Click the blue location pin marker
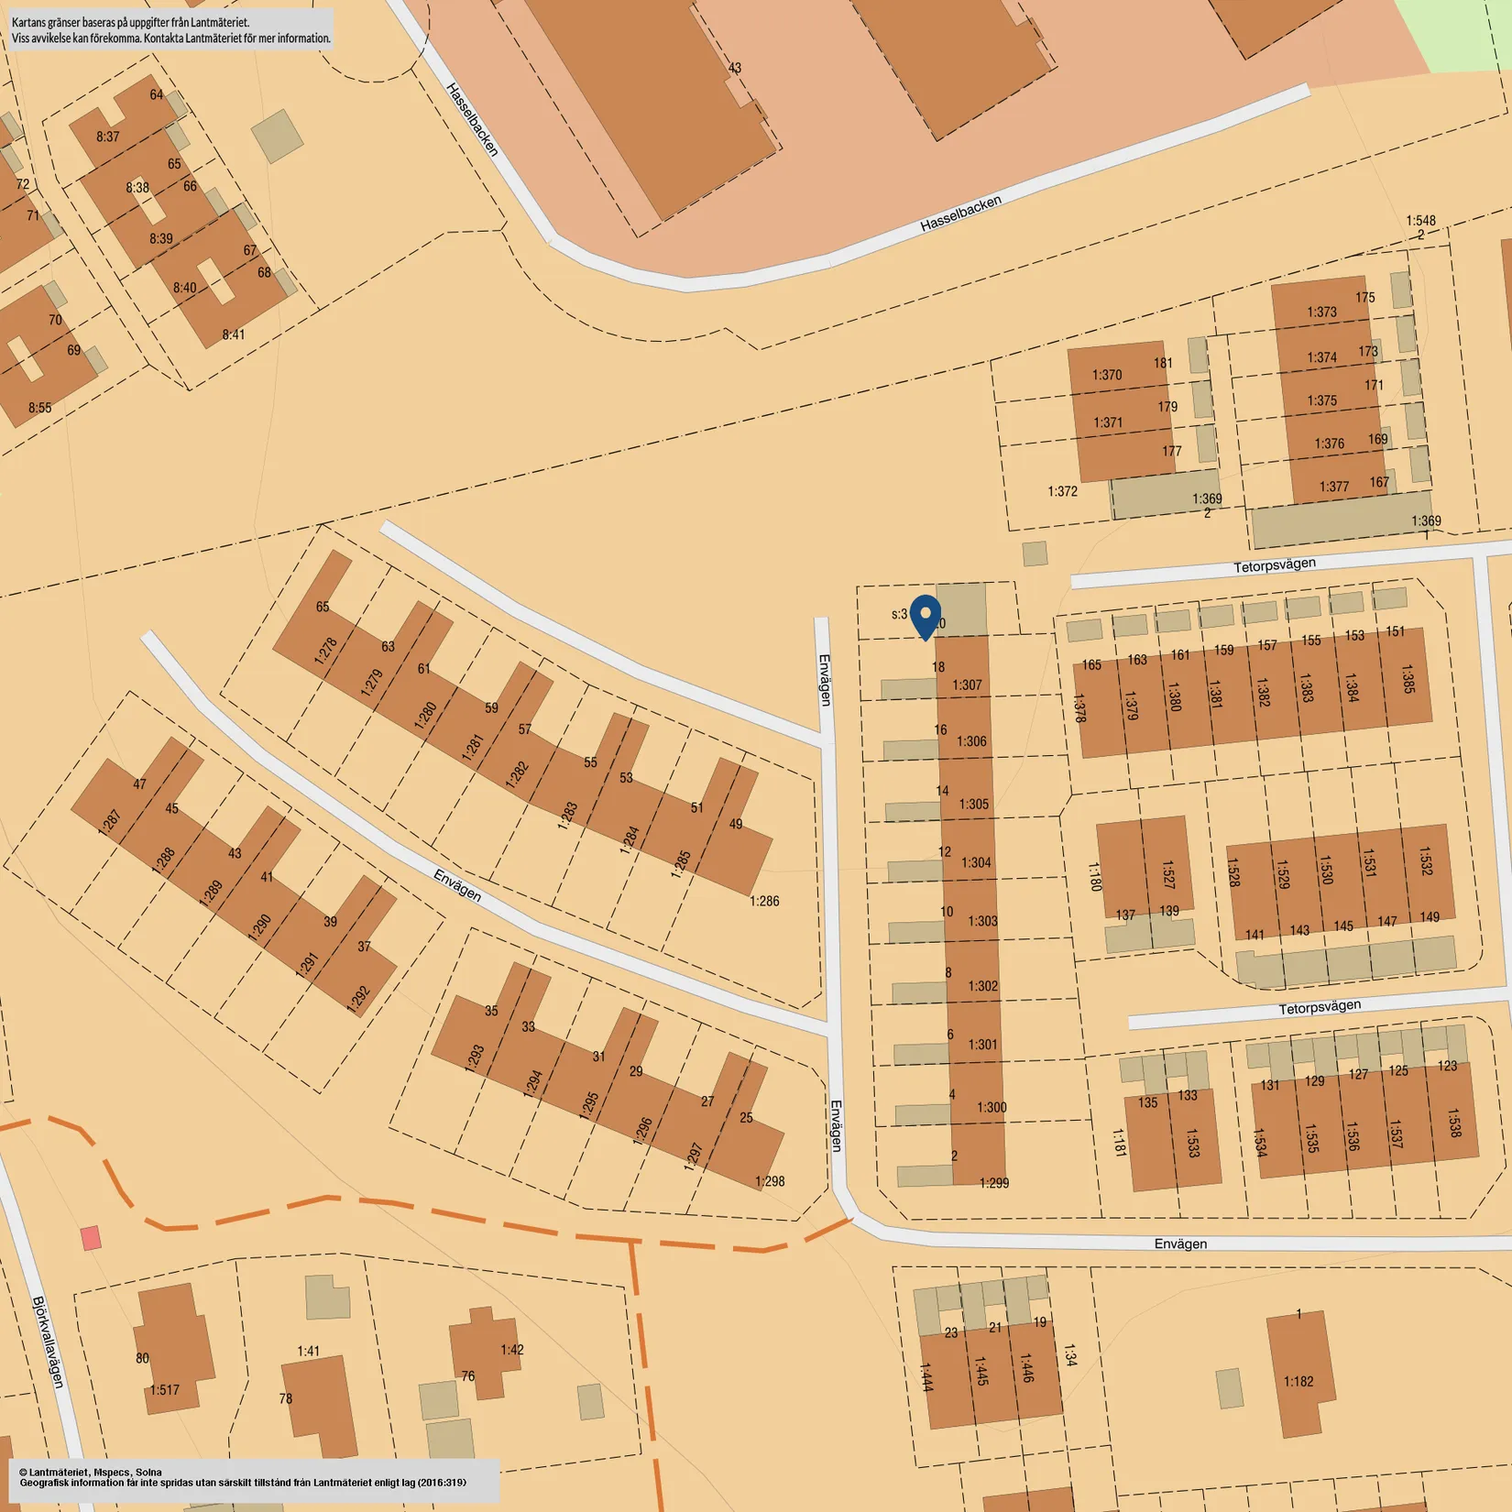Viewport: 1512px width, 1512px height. click(x=926, y=615)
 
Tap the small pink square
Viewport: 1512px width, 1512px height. click(x=91, y=1238)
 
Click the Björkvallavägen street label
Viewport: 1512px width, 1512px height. click(x=49, y=1342)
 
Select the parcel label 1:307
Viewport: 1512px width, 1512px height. click(x=967, y=685)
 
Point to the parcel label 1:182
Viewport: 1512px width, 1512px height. click(x=1298, y=1381)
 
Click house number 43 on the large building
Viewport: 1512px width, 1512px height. click(x=735, y=68)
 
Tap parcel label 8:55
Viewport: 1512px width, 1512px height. click(x=39, y=408)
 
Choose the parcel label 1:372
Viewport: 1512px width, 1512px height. click(x=1062, y=491)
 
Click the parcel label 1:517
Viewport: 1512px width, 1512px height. click(x=165, y=1390)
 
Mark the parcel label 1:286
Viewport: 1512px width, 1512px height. click(x=764, y=901)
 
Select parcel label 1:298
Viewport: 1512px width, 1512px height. click(x=770, y=1181)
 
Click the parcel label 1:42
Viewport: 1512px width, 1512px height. click(x=512, y=1350)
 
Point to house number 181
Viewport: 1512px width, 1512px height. click(x=1163, y=363)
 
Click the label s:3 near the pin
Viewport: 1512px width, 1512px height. click(x=899, y=614)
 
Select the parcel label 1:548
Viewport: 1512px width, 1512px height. click(x=1420, y=221)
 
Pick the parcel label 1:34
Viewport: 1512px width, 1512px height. click(x=1068, y=1355)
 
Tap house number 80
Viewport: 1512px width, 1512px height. click(x=142, y=1358)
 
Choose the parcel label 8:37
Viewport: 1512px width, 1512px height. click(x=108, y=137)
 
